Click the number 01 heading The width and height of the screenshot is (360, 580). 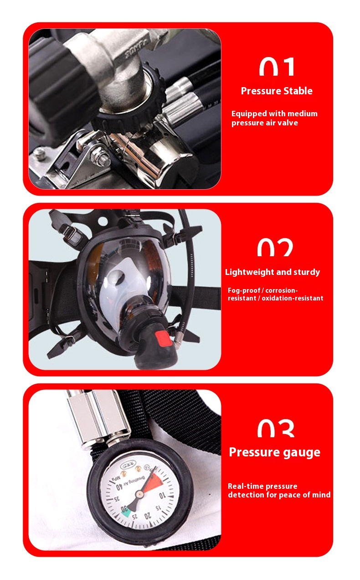point(277,67)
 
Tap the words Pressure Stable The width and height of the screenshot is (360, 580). point(277,91)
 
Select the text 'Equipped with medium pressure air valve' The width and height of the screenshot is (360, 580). point(274,118)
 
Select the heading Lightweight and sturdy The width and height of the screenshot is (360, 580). point(273,272)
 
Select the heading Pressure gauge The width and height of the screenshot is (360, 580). point(274,452)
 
